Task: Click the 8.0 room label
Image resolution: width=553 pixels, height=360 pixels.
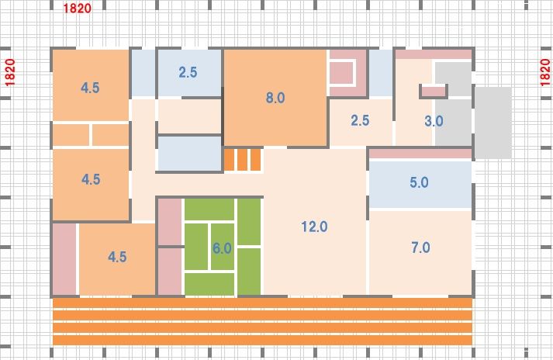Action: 275,98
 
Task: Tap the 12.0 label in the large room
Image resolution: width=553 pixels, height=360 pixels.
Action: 314,227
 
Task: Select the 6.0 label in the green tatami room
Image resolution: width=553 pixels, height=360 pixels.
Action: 222,248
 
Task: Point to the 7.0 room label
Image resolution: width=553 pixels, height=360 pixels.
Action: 420,247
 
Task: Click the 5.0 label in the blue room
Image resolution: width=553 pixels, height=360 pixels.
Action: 419,182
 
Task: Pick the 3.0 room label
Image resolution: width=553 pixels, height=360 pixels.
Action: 434,121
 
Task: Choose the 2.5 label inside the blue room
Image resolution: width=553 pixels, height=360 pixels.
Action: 188,72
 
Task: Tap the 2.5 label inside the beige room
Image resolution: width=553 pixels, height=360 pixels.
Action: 360,120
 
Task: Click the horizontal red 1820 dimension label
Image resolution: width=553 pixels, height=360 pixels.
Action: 78,8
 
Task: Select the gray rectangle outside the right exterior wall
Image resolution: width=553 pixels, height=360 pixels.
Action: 493,123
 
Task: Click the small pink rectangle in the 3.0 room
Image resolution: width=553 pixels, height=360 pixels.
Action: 434,92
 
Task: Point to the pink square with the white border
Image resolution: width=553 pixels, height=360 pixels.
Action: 341,73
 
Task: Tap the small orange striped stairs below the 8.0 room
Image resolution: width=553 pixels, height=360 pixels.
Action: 243,160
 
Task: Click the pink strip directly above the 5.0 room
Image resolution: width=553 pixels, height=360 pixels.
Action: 420,154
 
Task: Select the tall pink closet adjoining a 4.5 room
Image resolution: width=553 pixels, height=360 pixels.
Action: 64,259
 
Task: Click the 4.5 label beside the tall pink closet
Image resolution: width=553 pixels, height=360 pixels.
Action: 117,257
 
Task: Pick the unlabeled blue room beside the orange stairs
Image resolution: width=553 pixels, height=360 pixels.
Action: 189,154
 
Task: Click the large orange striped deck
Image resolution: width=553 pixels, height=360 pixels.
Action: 262,321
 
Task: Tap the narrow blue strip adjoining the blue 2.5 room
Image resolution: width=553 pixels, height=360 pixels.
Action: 143,73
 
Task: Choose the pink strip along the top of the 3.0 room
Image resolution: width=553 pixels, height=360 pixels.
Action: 434,54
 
